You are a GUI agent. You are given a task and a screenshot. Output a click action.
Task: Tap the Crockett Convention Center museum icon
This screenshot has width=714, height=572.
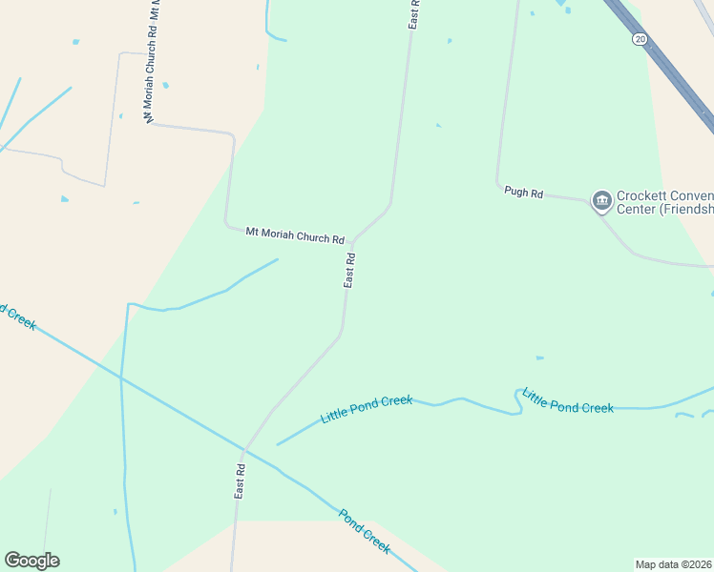[601, 199]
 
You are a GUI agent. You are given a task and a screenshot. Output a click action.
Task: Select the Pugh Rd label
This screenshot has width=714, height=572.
[523, 193]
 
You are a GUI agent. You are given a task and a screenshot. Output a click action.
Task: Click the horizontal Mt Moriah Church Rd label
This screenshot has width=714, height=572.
[294, 235]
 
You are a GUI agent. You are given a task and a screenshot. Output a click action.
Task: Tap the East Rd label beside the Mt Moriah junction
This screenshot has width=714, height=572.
[350, 270]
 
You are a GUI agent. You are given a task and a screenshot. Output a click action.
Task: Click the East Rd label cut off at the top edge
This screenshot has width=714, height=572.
[414, 13]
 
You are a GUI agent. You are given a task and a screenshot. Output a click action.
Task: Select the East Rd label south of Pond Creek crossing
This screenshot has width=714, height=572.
[241, 481]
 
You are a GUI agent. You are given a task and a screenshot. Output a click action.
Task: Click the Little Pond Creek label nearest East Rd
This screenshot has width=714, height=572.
[367, 409]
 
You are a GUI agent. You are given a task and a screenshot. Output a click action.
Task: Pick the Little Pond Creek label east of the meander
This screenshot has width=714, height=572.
[569, 407]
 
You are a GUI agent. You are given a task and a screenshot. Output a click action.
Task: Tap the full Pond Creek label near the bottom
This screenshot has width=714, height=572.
[364, 531]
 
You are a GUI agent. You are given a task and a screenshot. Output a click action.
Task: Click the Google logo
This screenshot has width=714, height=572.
[31, 561]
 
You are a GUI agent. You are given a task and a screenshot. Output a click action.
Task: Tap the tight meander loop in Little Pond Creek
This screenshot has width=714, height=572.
[519, 399]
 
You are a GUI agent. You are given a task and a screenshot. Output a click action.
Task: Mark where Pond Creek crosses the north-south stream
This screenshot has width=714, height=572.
[121, 378]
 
